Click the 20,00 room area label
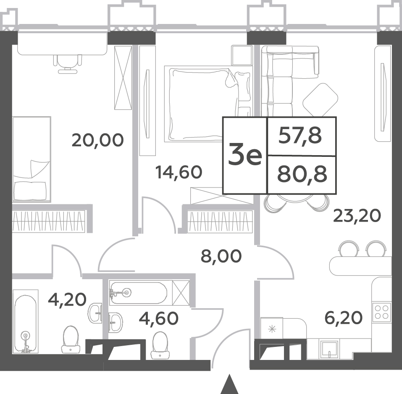tap(98, 140)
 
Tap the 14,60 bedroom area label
tap(179, 172)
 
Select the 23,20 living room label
tap(357, 216)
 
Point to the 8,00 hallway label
tap(221, 256)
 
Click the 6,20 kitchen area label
tap(344, 318)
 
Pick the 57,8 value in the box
tap(300, 136)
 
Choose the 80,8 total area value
tap(302, 174)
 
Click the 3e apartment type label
tap(245, 155)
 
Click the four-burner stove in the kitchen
tap(382, 311)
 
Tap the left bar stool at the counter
tap(349, 249)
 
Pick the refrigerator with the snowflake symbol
tap(272, 328)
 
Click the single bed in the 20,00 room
tap(32, 159)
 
